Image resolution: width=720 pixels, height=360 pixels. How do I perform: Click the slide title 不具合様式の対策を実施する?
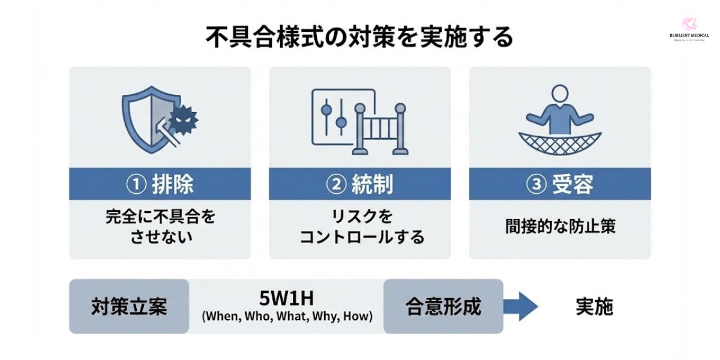359,37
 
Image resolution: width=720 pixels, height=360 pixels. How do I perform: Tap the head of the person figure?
559,94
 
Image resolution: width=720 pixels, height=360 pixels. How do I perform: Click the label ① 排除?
160,184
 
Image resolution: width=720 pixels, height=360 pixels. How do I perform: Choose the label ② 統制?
359,184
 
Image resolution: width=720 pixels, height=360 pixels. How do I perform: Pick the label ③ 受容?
559,184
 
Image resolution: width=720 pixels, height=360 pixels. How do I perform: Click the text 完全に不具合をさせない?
160,226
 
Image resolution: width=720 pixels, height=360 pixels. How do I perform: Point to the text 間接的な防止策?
559,227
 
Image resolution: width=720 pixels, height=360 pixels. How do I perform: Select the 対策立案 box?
129,306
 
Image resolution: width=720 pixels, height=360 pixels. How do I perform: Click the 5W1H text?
287,298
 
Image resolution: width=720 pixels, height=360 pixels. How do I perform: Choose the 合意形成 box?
443,306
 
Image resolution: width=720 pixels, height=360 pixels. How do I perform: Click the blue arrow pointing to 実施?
520,307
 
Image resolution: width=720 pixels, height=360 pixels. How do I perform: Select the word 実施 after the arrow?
594,307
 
